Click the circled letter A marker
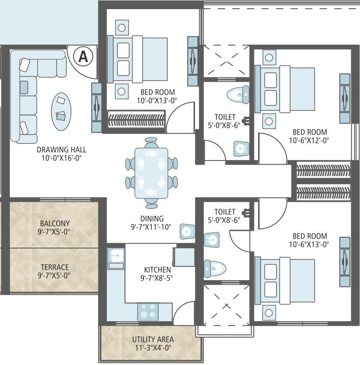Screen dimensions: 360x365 click(x=83, y=56)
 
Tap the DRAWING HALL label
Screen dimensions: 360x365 click(x=62, y=150)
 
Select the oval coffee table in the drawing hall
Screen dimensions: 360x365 click(x=61, y=111)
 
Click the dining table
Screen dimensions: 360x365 click(x=151, y=173)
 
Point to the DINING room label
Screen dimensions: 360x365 click(x=152, y=219)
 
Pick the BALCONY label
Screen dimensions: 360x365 click(x=55, y=224)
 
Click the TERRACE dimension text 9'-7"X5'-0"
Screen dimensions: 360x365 click(x=54, y=276)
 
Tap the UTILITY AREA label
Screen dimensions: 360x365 click(x=153, y=339)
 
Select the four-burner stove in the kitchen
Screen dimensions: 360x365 click(x=148, y=312)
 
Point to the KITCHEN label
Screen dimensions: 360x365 click(x=157, y=270)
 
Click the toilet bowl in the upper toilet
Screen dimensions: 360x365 click(x=238, y=94)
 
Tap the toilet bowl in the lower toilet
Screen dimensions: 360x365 click(x=215, y=269)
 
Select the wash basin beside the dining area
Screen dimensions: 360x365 click(x=187, y=232)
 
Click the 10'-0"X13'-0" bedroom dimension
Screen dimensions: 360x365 click(x=157, y=100)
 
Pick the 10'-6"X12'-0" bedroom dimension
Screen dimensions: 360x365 click(x=309, y=141)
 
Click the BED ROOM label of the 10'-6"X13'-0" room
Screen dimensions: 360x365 click(x=310, y=236)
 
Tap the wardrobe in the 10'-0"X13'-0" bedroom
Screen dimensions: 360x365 click(x=137, y=120)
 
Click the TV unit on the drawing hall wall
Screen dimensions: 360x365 click(x=96, y=108)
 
